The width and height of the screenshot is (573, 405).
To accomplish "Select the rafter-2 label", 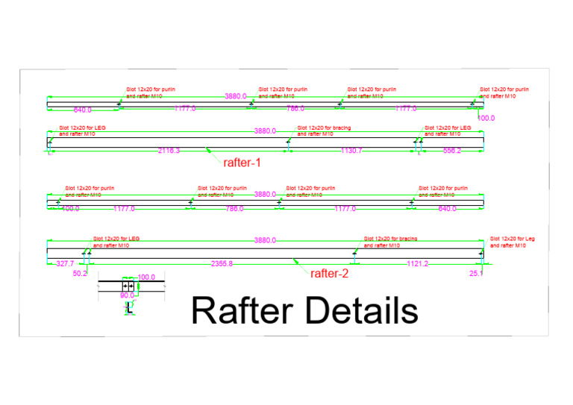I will click(x=329, y=274).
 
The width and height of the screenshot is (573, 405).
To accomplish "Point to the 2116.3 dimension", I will click(x=169, y=151).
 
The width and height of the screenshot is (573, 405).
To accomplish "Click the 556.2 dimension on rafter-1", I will click(x=452, y=151).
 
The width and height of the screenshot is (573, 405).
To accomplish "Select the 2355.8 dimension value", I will click(x=222, y=264).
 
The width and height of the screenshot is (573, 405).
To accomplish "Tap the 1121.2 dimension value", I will click(x=417, y=264).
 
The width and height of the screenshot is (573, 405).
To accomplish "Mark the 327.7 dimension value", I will click(x=66, y=264).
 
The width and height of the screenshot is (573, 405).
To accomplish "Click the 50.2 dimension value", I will click(x=80, y=274).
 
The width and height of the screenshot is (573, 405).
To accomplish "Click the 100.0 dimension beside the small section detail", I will click(x=147, y=277).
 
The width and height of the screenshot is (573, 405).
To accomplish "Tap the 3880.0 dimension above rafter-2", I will click(x=265, y=240).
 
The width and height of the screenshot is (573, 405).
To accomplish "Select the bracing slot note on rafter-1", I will click(x=324, y=131).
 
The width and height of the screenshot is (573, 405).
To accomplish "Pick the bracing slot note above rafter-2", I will click(x=390, y=242).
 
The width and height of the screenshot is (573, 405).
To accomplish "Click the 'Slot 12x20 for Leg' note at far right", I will click(x=513, y=242).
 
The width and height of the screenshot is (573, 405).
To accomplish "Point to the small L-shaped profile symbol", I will click(x=129, y=307).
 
